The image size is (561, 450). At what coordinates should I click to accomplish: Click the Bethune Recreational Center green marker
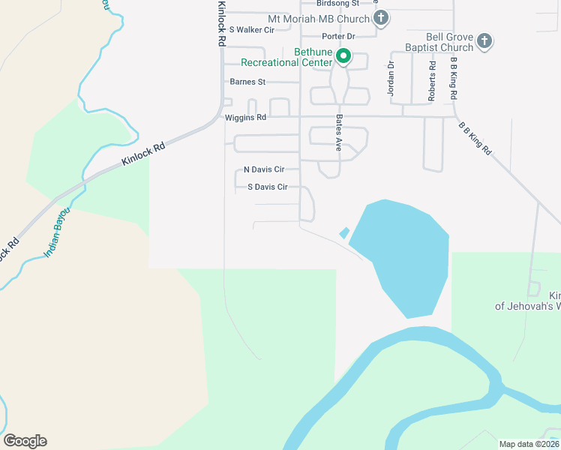(343, 55)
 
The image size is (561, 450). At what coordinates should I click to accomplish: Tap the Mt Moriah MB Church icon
(381, 18)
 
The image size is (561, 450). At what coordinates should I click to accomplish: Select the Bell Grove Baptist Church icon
(484, 40)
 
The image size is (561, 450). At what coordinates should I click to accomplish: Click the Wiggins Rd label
(245, 118)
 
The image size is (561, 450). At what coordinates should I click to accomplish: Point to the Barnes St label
(248, 82)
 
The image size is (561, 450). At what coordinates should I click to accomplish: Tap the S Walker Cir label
(252, 29)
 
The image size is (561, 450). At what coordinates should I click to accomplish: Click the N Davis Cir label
(264, 169)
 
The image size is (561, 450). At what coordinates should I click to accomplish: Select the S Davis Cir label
(268, 187)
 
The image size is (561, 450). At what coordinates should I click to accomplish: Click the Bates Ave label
(339, 133)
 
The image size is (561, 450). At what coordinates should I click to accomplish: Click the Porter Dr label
(337, 36)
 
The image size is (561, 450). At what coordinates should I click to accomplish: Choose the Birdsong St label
(337, 4)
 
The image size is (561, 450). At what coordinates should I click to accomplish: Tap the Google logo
(25, 441)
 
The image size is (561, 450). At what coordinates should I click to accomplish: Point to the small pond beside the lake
(344, 233)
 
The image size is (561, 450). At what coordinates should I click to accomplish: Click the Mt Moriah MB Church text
(319, 19)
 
